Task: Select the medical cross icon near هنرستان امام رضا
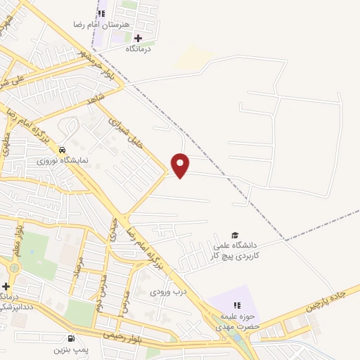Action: [x=139, y=38]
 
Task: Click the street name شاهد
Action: [x=98, y=98]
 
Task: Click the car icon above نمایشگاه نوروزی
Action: [x=63, y=150]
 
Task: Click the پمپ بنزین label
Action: [x=71, y=349]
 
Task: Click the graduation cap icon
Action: [x=235, y=236]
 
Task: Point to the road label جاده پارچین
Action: [x=327, y=300]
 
